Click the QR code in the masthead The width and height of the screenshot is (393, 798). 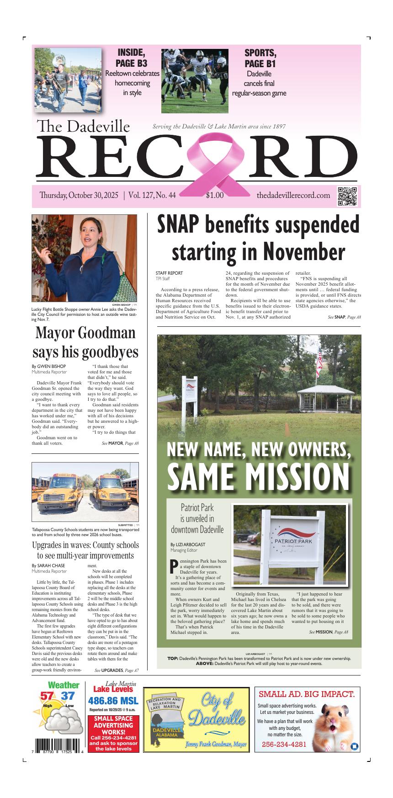(347, 197)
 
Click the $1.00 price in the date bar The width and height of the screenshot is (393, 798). (215, 196)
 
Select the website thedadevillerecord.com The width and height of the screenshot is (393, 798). (293, 196)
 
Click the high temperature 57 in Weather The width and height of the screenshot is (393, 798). (47, 696)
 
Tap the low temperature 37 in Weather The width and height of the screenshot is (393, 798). (68, 696)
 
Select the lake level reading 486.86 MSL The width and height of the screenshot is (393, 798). (113, 701)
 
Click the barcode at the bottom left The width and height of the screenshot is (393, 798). (58, 744)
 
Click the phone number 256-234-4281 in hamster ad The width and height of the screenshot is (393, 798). (284, 745)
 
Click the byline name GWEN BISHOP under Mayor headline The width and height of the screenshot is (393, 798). (51, 367)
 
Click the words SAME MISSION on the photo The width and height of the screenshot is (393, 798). (258, 476)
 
